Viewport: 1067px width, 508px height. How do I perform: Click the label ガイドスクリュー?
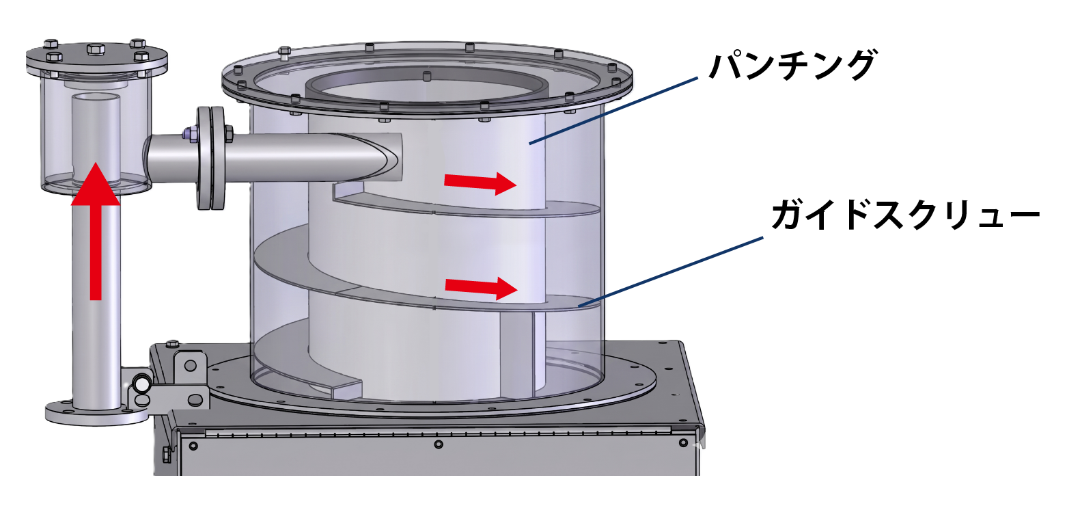[905, 215]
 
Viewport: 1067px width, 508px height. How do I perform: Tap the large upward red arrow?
[96, 231]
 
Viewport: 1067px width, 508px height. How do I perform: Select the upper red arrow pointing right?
[480, 183]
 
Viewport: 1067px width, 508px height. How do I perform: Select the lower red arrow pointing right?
[481, 287]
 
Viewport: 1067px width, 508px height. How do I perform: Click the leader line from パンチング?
[613, 111]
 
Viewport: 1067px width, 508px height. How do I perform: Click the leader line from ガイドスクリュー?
[671, 271]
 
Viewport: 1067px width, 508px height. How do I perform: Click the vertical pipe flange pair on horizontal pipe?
[210, 158]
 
